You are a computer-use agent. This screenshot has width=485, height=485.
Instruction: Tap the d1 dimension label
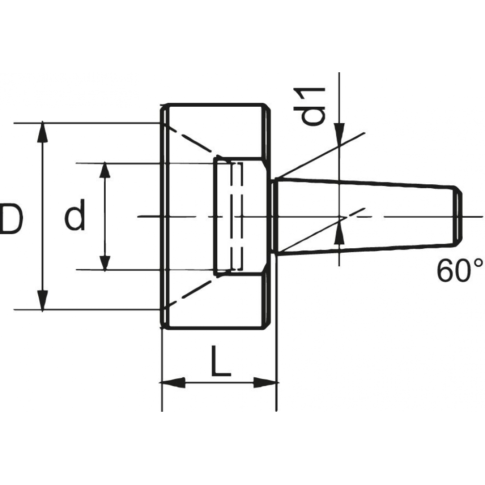click(314, 106)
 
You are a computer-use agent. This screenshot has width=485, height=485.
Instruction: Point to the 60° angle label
click(460, 270)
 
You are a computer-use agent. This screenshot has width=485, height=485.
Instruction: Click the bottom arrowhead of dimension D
click(42, 300)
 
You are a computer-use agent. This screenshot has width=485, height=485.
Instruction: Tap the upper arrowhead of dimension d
click(105, 170)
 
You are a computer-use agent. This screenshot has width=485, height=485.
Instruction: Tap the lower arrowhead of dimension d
click(105, 262)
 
